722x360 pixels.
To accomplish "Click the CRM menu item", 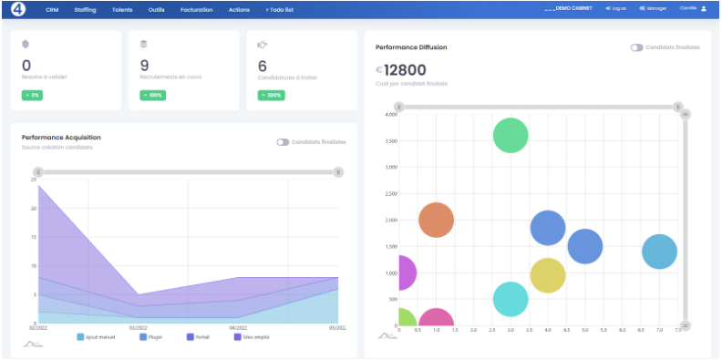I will pyautogui.click(x=52, y=9).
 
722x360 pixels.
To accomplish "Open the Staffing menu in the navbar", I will pyautogui.click(x=85, y=9).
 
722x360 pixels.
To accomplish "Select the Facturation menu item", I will pyautogui.click(x=196, y=9).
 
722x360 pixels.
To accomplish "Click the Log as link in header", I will pyautogui.click(x=615, y=8).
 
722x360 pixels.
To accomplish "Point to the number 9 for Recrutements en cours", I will pyautogui.click(x=144, y=65).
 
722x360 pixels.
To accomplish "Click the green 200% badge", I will pyautogui.click(x=270, y=95).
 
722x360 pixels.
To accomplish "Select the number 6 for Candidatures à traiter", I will pyautogui.click(x=263, y=65).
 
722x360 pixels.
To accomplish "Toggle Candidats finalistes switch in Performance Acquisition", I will pyautogui.click(x=283, y=142).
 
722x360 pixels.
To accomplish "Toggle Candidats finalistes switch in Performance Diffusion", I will pyautogui.click(x=636, y=46).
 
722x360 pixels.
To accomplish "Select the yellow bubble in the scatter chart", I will pyautogui.click(x=547, y=274).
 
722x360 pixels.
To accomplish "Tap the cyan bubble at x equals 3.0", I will pyautogui.click(x=511, y=299).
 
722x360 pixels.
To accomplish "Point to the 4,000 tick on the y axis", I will pyautogui.click(x=391, y=114).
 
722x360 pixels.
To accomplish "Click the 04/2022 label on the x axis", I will pyautogui.click(x=238, y=327).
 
